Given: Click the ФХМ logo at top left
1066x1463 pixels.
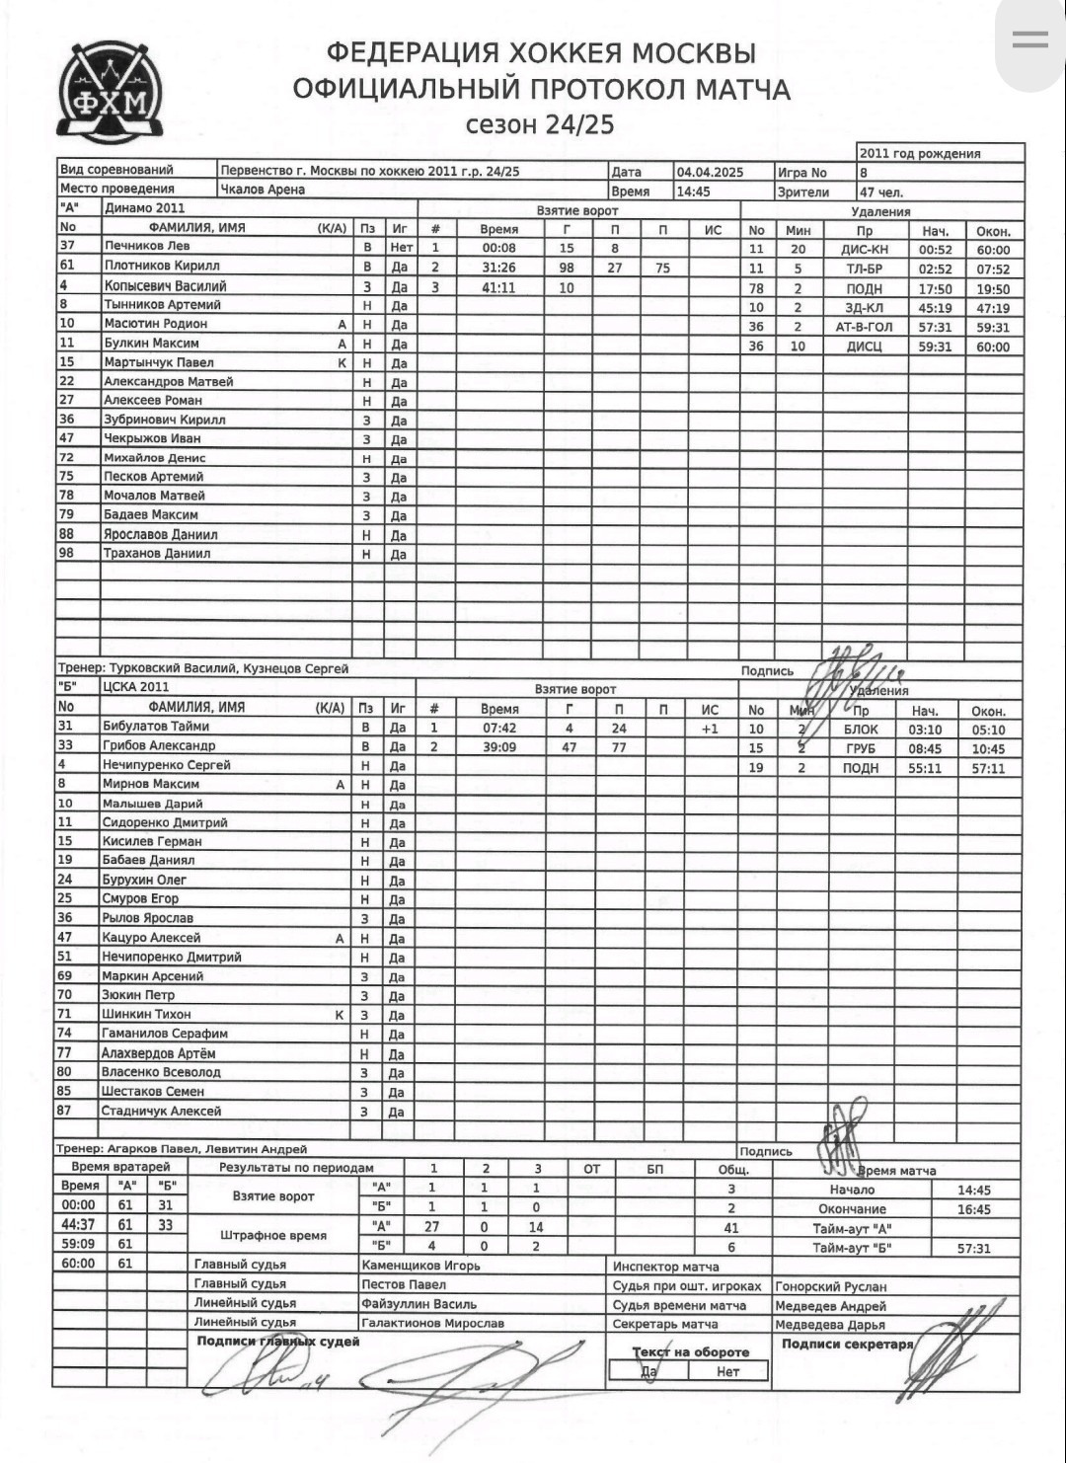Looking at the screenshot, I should click(110, 91).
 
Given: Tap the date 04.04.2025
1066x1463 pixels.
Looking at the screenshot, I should click(710, 172).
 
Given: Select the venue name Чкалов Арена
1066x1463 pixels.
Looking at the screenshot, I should click(263, 190).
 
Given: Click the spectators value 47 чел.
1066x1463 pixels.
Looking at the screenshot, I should click(881, 192).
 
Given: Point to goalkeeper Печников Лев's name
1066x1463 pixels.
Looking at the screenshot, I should click(147, 246).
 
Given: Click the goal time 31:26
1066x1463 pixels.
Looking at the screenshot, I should click(499, 268).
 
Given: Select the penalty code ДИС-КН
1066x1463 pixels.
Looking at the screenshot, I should click(865, 250).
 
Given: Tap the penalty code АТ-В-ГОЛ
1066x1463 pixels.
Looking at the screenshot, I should click(864, 327).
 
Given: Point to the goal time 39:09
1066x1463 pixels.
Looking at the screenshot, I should click(499, 747).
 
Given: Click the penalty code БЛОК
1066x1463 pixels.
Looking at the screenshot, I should click(861, 730).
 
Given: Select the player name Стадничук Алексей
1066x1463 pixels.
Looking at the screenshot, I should click(161, 1112).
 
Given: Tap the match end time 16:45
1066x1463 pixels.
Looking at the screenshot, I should click(974, 1209).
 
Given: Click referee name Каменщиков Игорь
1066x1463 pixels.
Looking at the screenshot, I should click(420, 1266).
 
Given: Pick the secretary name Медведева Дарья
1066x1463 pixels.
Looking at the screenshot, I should click(829, 1325).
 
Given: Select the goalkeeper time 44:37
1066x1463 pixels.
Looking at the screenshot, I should click(79, 1225).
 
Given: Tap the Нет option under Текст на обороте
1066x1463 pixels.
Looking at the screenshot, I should click(728, 1371).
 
